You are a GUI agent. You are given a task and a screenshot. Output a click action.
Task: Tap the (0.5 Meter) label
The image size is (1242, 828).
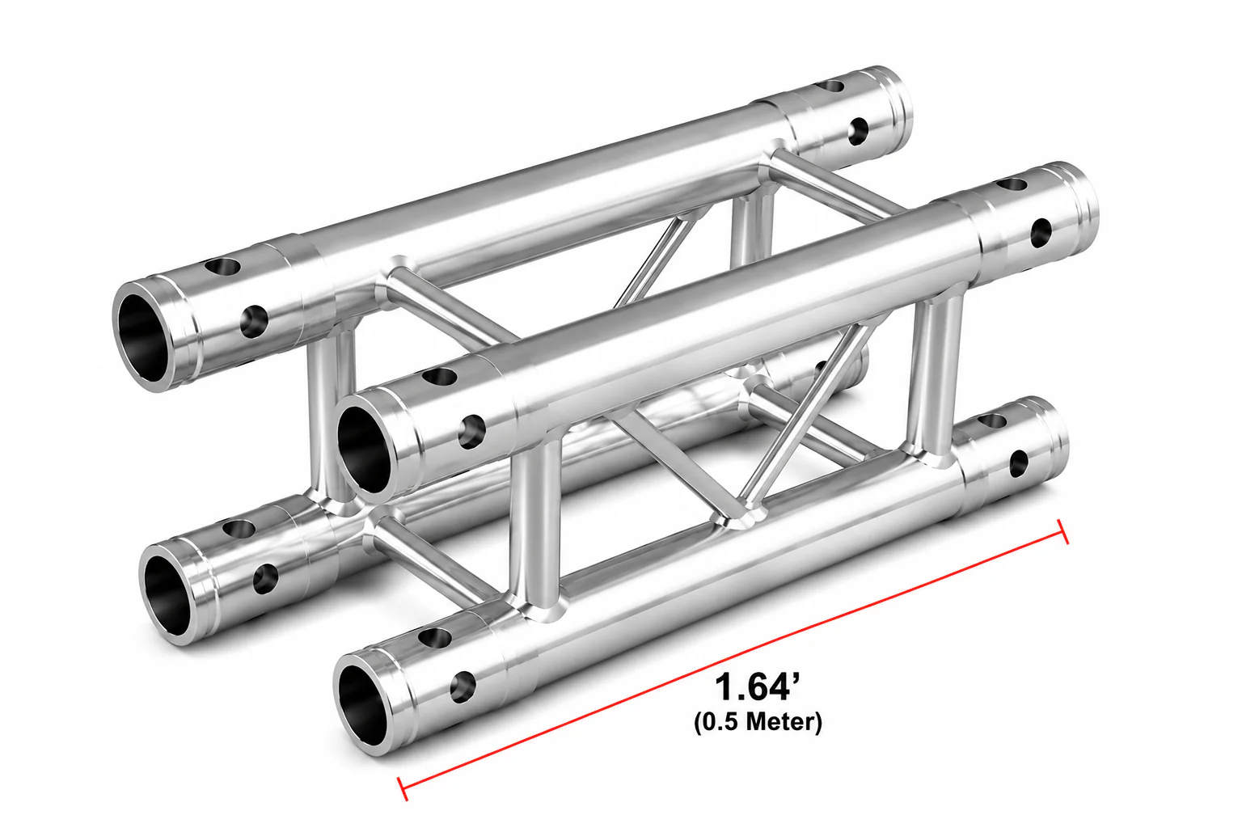[758, 723]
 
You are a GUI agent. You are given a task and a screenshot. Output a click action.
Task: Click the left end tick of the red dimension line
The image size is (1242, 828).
[403, 788]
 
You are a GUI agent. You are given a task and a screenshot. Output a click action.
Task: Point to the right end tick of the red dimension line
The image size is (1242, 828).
[1063, 531]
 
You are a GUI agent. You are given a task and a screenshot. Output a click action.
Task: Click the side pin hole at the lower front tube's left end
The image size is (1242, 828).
[463, 686]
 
